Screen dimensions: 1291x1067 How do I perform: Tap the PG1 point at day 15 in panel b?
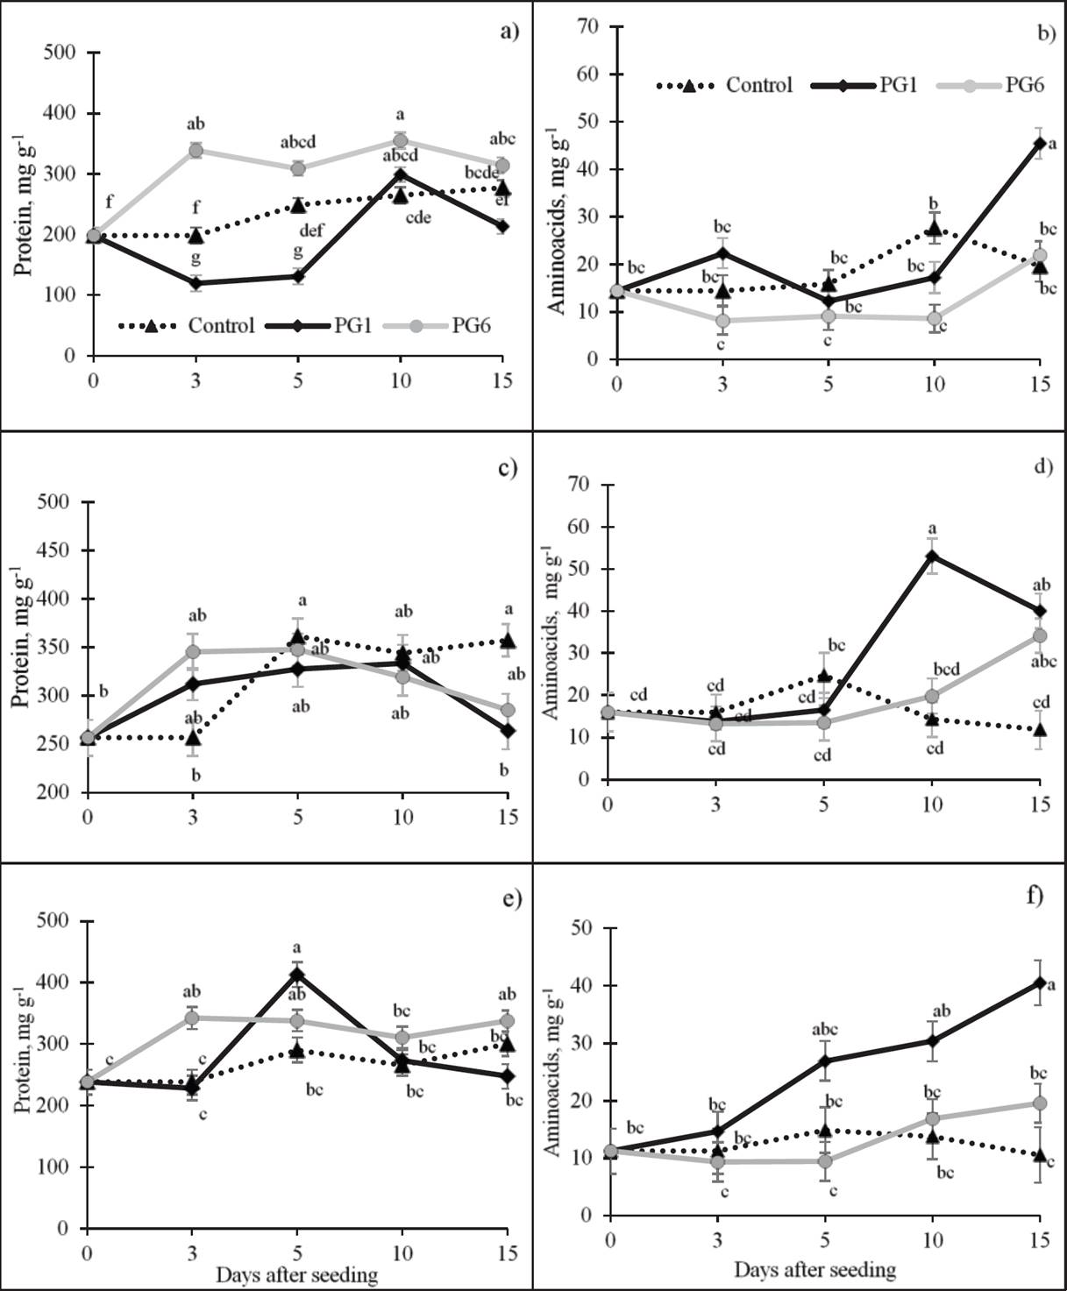tap(1039, 143)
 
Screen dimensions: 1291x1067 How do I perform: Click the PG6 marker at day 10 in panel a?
tap(401, 141)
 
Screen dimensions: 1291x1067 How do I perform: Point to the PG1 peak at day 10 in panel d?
tap(932, 556)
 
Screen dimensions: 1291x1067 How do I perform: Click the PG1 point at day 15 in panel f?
tap(1039, 983)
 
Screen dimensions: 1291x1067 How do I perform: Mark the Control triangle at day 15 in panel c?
tap(506, 642)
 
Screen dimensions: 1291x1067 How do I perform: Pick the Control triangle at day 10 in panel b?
tap(935, 231)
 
